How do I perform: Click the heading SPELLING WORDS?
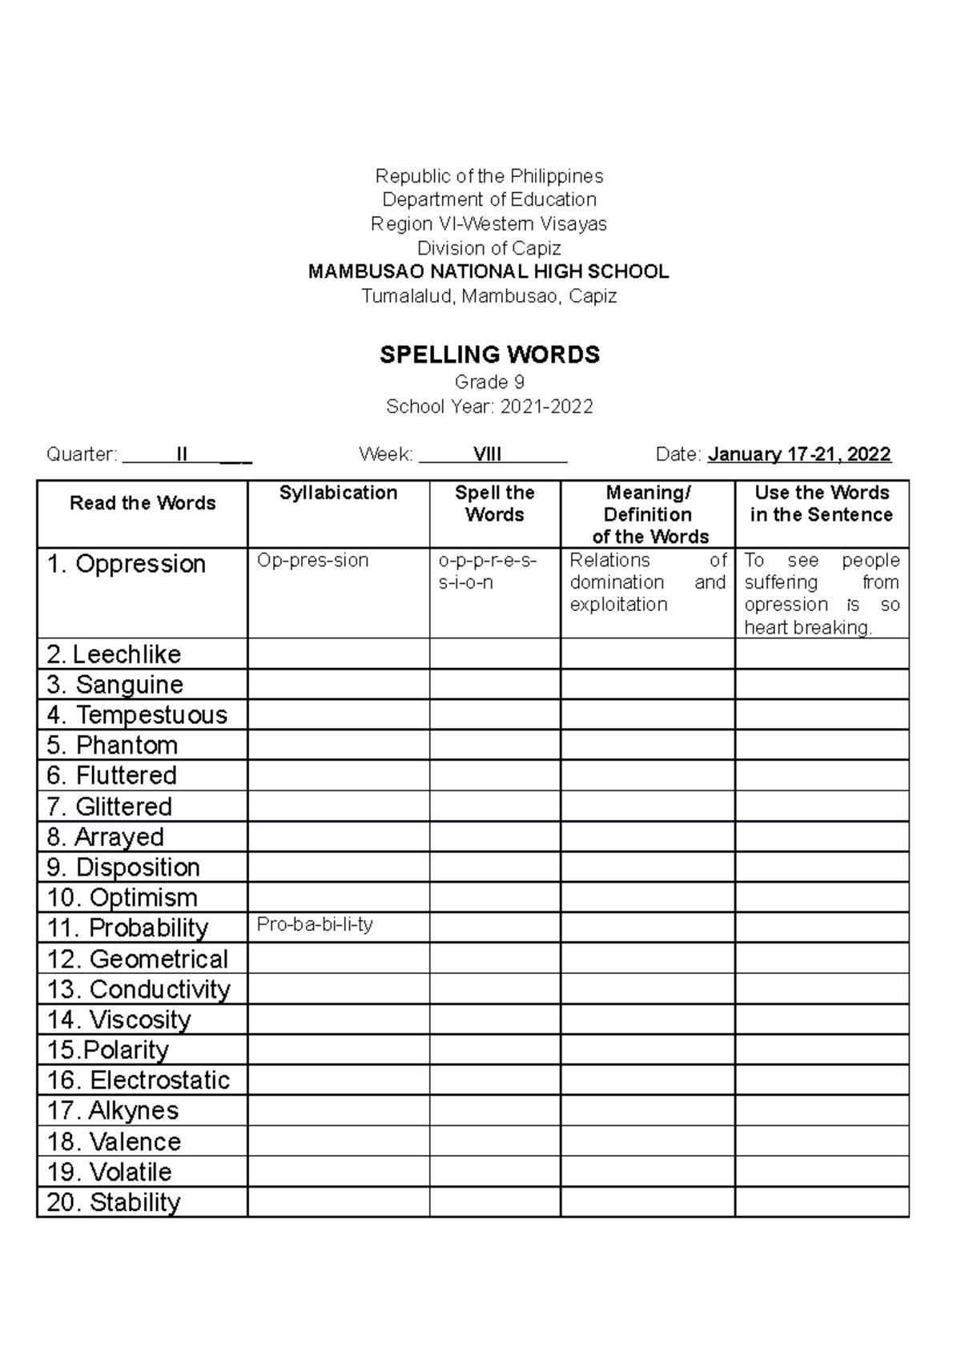click(489, 355)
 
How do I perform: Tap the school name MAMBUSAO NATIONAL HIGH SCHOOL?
click(489, 272)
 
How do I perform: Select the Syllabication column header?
click(338, 493)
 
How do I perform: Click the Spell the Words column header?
click(494, 504)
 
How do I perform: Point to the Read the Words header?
click(143, 503)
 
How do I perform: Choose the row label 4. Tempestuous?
click(137, 714)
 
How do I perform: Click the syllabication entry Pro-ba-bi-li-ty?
click(315, 924)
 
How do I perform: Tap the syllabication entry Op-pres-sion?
click(312, 560)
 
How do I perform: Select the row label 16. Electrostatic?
click(139, 1080)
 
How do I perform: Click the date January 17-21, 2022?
click(799, 455)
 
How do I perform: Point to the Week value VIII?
click(487, 455)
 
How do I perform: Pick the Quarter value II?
click(182, 455)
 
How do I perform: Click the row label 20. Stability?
click(114, 1201)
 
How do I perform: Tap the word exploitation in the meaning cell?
click(618, 605)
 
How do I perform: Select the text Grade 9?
click(489, 382)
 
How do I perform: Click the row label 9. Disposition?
click(123, 867)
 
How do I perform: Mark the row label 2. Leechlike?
click(114, 654)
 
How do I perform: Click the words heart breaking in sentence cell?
click(807, 627)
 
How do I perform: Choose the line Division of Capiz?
click(489, 247)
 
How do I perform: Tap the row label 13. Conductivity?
click(139, 989)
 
